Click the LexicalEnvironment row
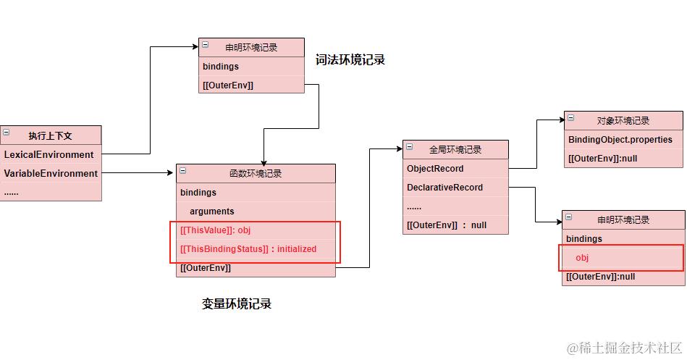pyautogui.click(x=49, y=154)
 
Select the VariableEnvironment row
pyautogui.click(x=51, y=173)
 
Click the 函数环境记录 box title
pyautogui.click(x=256, y=173)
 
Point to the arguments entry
pyautogui.click(x=211, y=212)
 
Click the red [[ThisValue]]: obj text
pyautogui.click(x=215, y=230)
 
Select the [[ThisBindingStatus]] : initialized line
pyautogui.click(x=248, y=249)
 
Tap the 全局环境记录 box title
pyautogui.click(x=455, y=150)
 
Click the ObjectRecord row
pyautogui.click(x=435, y=169)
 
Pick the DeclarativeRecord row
pyautogui.click(x=444, y=188)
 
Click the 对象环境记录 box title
pyautogui.click(x=623, y=121)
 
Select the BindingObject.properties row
pyautogui.click(x=620, y=140)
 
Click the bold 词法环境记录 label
pyautogui.click(x=350, y=60)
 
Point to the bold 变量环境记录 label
pyautogui.click(x=237, y=304)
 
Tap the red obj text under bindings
pyautogui.click(x=583, y=258)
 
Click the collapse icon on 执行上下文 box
pyautogui.click(x=6, y=133)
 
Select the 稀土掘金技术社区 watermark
pyautogui.click(x=624, y=348)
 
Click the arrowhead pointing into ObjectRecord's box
pyautogui.click(x=399, y=150)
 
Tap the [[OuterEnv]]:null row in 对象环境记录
pyautogui.click(x=602, y=159)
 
